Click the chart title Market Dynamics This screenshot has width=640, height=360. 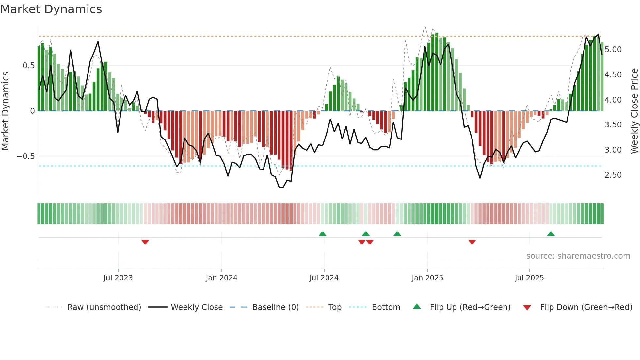coord(51,9)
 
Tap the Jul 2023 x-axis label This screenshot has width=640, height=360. coord(118,278)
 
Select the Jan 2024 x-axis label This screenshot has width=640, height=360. coord(221,278)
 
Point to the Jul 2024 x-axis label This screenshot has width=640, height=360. coord(324,278)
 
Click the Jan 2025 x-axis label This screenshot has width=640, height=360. coord(427,278)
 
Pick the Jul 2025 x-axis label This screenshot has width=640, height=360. coord(529,278)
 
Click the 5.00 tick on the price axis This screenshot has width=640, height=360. coord(613,50)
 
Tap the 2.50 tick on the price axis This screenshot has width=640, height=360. coord(613,175)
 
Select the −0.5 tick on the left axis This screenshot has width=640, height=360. coord(25,156)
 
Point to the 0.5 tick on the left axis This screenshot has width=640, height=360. coord(28,66)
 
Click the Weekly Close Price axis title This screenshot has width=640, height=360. coord(634,111)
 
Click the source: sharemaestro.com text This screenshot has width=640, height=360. coord(578,256)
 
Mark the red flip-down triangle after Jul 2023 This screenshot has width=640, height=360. coord(145,242)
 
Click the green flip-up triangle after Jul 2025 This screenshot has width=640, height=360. coord(551,234)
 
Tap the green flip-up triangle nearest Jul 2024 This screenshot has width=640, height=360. coord(322,234)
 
